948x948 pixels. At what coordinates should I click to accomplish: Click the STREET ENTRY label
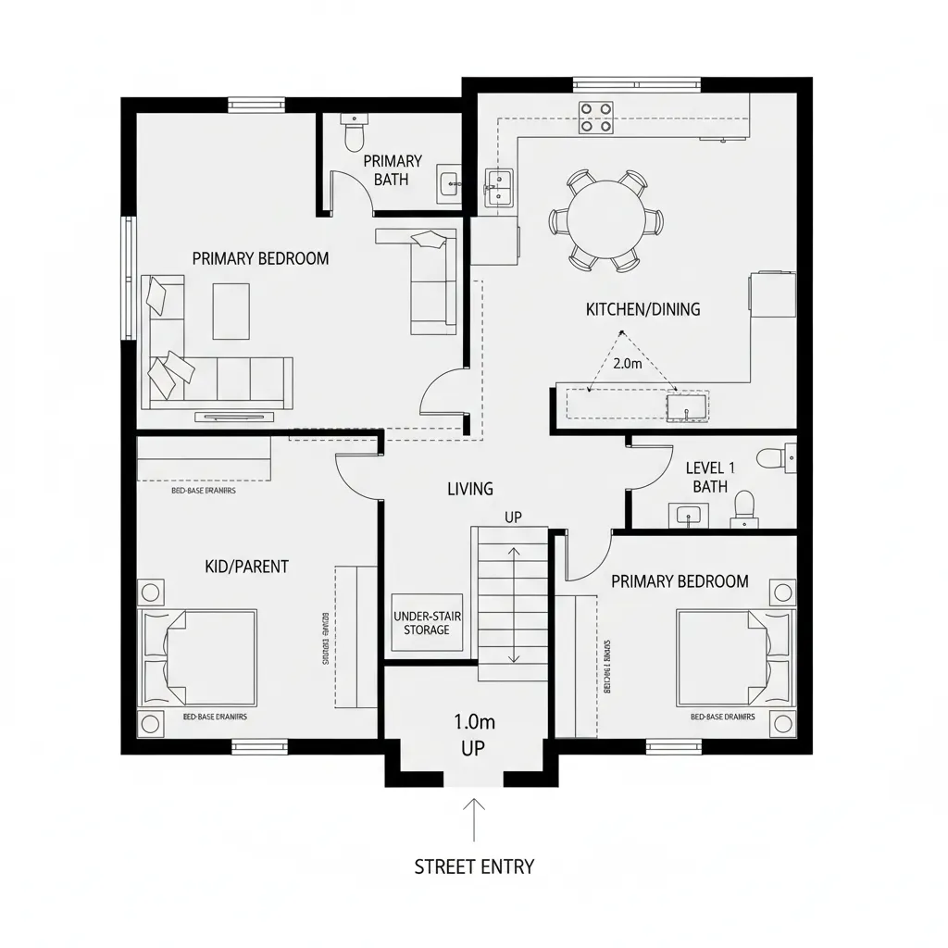click(474, 867)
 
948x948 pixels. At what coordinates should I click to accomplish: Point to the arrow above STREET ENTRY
click(474, 819)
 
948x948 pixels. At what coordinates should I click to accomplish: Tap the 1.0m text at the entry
click(472, 720)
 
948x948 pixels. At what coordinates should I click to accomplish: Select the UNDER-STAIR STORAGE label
click(427, 623)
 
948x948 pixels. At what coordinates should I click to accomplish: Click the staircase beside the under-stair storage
click(513, 604)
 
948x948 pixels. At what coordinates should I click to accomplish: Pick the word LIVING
click(470, 489)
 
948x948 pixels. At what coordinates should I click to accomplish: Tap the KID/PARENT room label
click(246, 566)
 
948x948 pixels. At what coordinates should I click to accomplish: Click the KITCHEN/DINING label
click(642, 309)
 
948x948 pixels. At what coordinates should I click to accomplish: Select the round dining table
click(606, 220)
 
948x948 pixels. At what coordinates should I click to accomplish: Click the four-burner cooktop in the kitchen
click(596, 117)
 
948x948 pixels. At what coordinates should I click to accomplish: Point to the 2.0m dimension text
click(627, 364)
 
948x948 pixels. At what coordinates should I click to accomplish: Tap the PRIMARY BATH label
click(393, 170)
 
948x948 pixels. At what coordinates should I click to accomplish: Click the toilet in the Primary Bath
click(354, 135)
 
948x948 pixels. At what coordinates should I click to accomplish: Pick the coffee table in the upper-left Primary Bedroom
click(231, 311)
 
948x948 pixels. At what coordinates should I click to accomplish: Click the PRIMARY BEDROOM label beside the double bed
click(680, 581)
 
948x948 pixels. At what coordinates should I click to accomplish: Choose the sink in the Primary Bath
click(449, 183)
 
